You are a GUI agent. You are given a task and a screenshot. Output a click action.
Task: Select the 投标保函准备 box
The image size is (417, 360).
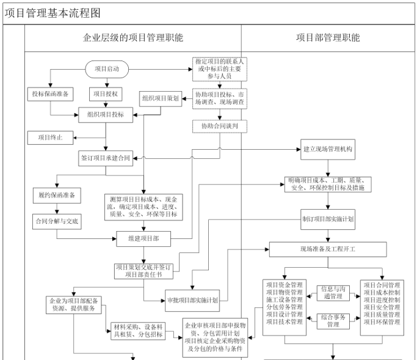[x=50, y=94]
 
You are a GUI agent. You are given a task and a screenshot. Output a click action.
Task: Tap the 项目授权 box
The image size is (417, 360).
[x=106, y=94]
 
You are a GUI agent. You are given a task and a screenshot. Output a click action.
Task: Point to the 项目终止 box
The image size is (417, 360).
[x=50, y=137]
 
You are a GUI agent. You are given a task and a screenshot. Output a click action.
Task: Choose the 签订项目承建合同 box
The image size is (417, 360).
[x=106, y=158]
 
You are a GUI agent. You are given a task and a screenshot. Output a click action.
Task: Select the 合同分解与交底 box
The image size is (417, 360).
[x=56, y=221]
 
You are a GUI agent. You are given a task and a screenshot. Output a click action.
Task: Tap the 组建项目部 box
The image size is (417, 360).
[x=144, y=239]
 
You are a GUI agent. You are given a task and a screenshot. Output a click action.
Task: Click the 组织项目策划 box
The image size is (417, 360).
[x=161, y=98]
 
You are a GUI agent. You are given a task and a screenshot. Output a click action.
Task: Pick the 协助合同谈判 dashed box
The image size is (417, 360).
[x=219, y=127]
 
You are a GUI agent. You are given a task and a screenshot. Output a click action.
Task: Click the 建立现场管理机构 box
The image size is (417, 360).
[x=328, y=149]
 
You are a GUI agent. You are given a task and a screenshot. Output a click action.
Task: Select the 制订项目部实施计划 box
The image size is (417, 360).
[x=328, y=218]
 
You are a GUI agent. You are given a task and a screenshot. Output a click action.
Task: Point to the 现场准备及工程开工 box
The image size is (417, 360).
[x=328, y=249]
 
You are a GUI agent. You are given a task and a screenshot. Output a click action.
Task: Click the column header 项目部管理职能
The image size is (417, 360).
[x=328, y=38]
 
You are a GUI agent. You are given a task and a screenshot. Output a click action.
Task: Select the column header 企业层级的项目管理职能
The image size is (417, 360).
[x=132, y=38]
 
